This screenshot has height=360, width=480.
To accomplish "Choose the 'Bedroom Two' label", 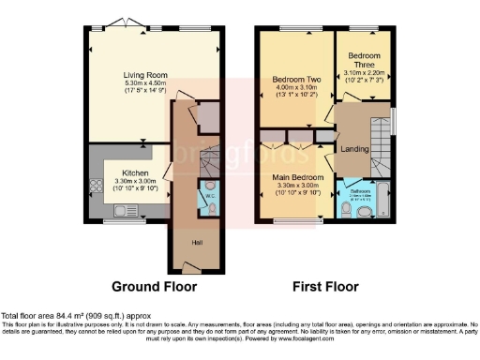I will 292,80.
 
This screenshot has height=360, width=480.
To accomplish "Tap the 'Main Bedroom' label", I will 299,176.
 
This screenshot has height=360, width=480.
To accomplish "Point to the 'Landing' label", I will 353,150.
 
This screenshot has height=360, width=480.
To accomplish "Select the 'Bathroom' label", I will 361,190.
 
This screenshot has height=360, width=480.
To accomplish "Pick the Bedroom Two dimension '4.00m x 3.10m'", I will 292,87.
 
